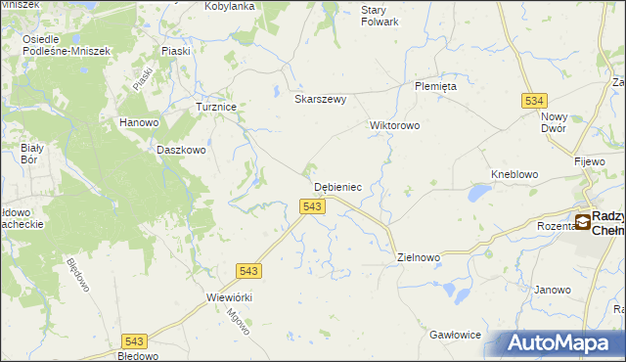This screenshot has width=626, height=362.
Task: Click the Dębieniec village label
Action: (x=338, y=186)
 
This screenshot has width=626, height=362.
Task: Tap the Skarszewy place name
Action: (x=321, y=99)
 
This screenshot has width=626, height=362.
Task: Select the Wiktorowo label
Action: (x=394, y=125)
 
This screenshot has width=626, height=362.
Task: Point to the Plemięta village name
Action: (x=435, y=86)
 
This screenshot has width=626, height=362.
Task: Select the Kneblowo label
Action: (x=514, y=174)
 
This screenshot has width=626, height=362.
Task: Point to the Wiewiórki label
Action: (x=230, y=297)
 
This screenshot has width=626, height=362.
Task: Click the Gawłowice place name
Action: (x=455, y=335)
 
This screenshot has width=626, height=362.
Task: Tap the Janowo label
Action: (x=552, y=290)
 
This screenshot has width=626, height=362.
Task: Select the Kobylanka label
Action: (x=229, y=6)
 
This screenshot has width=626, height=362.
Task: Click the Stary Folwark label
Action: (x=380, y=15)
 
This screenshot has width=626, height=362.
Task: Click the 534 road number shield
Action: (x=533, y=100)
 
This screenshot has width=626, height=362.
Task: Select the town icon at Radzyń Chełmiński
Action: (x=583, y=222)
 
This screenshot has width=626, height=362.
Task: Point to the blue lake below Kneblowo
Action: (x=478, y=194)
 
